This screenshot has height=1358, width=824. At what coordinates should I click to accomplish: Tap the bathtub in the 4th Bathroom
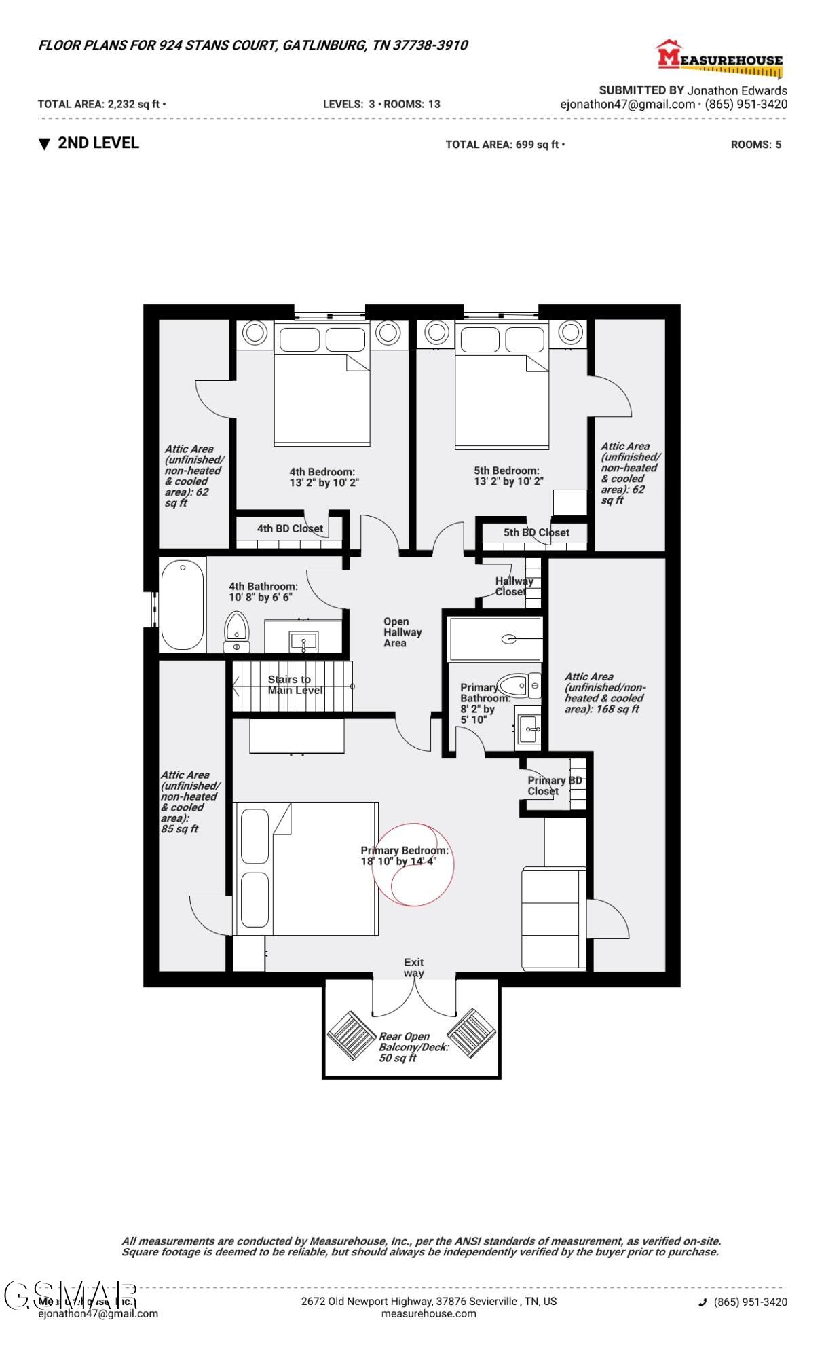[182, 605]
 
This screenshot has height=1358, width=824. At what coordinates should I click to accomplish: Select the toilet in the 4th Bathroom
[237, 631]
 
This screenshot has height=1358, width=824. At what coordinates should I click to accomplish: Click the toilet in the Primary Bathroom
[519, 685]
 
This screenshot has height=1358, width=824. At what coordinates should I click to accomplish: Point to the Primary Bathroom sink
[529, 731]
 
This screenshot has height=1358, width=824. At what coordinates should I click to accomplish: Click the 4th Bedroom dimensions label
[324, 483]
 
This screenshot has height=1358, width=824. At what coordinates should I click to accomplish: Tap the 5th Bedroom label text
[506, 471]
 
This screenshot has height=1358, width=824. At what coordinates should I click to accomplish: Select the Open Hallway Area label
[402, 632]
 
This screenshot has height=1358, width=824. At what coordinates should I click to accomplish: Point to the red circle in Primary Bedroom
[413, 864]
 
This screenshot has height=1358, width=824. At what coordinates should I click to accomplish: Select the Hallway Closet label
[514, 586]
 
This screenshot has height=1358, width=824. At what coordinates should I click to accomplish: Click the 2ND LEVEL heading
[98, 143]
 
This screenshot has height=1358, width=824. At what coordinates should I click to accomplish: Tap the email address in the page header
[627, 105]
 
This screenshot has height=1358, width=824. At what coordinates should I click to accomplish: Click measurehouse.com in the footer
[428, 1313]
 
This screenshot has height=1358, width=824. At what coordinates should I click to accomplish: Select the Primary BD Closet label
[554, 786]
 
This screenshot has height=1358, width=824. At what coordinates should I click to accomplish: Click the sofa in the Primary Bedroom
[553, 918]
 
